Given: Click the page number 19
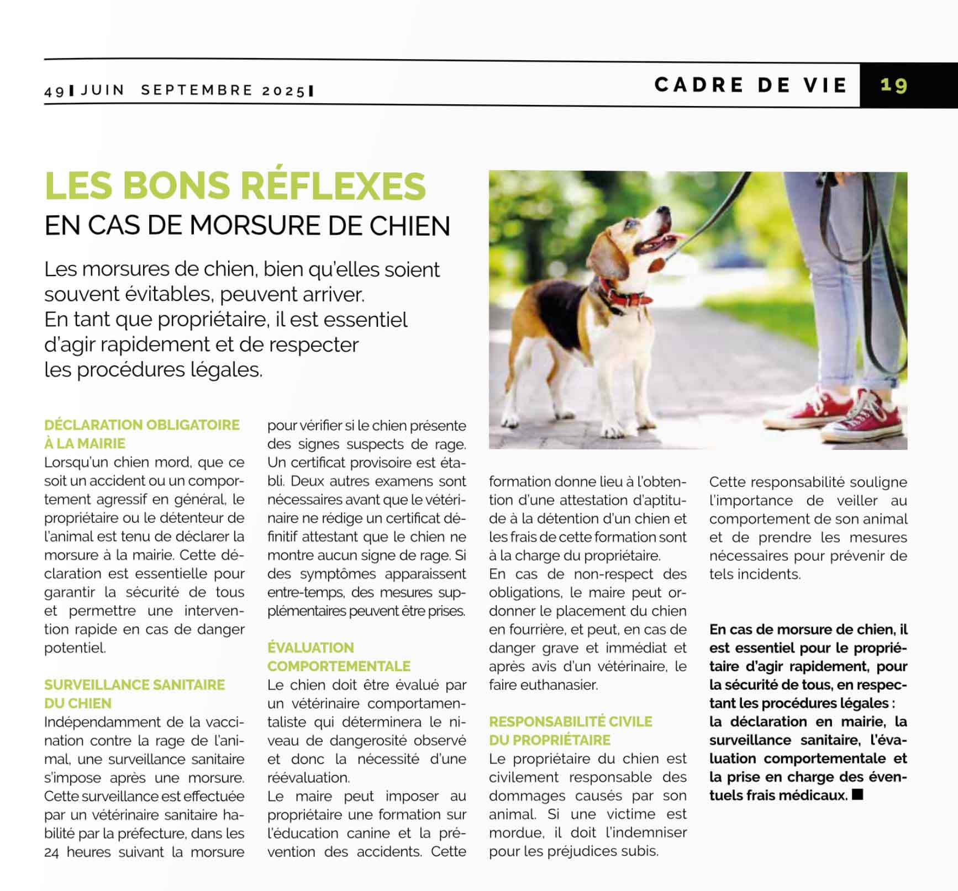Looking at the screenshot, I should (893, 85).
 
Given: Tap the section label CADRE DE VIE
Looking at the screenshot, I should (750, 85).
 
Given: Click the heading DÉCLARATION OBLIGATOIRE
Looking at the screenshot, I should (142, 425).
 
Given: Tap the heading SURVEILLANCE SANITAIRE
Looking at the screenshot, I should (134, 685).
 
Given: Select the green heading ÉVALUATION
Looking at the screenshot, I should (310, 648).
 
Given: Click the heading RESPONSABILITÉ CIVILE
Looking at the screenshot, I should (570, 722).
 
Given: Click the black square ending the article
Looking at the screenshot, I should (857, 795).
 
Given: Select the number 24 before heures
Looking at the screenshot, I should (52, 852).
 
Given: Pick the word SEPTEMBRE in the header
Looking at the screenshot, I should (197, 91).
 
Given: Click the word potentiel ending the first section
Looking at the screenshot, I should (74, 648).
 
